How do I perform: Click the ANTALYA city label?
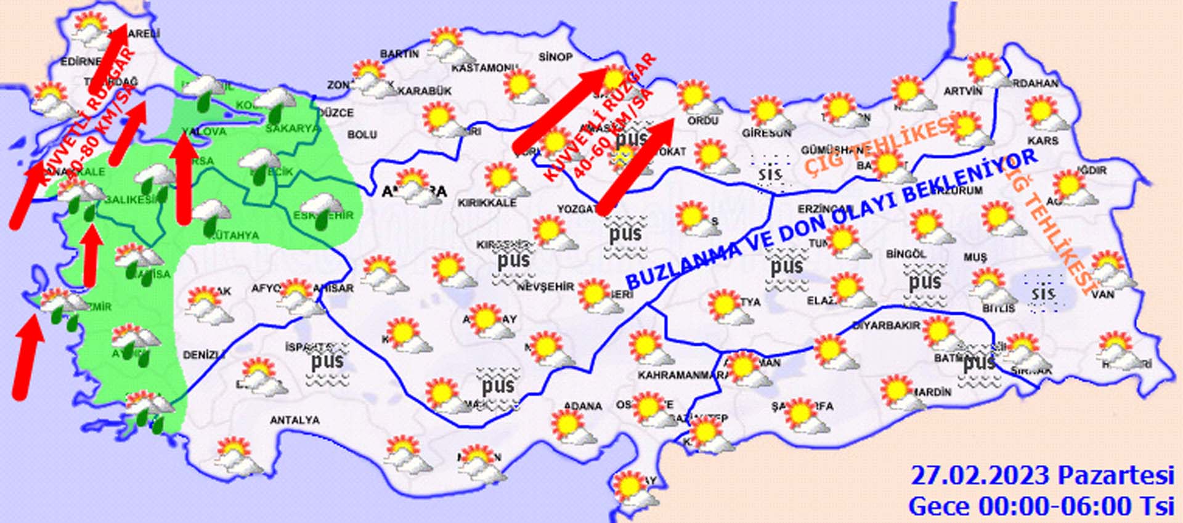(295, 420)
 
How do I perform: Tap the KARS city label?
(1043, 140)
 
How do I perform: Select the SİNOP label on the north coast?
(555, 57)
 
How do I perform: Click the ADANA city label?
(582, 406)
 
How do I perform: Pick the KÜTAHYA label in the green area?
(234, 235)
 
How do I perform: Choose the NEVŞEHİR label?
(545, 286)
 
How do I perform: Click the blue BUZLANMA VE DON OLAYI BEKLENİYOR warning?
(832, 220)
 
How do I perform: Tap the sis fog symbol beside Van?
(1043, 293)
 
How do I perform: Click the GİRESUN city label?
(766, 133)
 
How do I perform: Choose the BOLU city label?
(362, 134)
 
